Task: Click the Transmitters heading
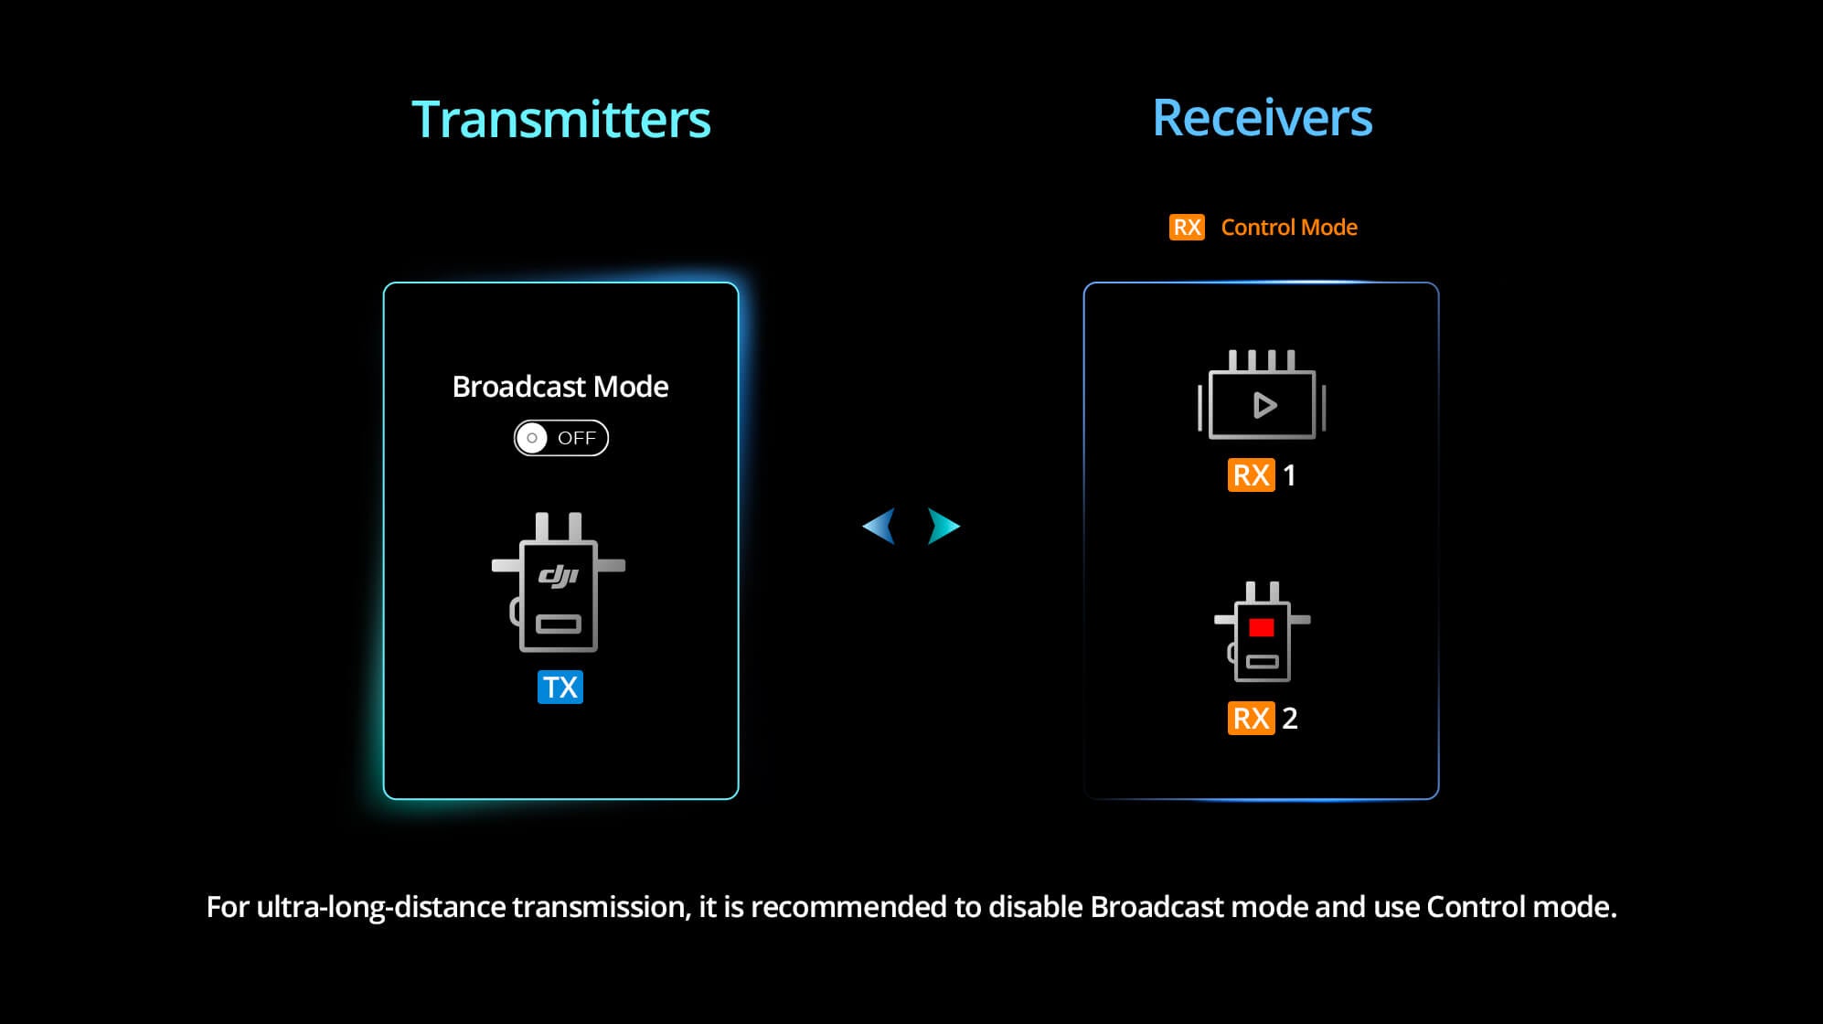pos(560,120)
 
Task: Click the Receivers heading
pos(1262,118)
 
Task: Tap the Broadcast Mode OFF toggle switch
pos(560,438)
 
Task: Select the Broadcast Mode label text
pos(560,387)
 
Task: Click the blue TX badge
pos(560,687)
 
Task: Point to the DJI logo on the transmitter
pos(558,575)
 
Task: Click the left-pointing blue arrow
pos(879,526)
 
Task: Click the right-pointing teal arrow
pos(943,526)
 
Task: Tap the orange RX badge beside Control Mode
pos(1187,227)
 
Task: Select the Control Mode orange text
pos(1289,227)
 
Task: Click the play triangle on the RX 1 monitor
pos(1264,405)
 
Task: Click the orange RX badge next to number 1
pos(1251,475)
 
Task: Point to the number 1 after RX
pos(1289,475)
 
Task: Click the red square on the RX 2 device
pos(1262,627)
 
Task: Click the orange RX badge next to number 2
pos(1251,718)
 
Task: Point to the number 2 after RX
pos(1290,718)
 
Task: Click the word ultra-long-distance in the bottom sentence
pos(381,907)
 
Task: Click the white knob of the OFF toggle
pos(531,438)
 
